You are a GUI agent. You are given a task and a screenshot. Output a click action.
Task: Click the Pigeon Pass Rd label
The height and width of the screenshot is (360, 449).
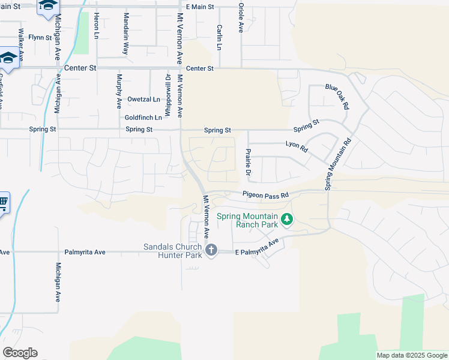coord(265,194)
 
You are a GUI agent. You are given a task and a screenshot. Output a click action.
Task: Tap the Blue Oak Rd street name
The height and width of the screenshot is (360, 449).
coord(337,95)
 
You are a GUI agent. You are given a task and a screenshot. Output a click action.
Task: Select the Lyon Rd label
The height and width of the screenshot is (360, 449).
coord(297,146)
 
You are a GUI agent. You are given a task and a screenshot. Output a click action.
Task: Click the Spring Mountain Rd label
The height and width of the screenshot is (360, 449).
coord(338,164)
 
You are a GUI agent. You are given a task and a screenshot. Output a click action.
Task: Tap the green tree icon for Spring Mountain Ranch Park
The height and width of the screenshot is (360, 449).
coord(287,220)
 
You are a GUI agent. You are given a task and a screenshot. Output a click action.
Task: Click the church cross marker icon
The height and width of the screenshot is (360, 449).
coord(211,250)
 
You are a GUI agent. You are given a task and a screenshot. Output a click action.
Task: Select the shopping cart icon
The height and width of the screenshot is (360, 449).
coord(2,203)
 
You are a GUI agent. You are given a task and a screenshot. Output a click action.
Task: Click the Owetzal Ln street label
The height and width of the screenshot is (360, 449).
coord(143,99)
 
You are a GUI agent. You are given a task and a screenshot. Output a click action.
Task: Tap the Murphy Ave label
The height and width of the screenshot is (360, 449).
coord(119,91)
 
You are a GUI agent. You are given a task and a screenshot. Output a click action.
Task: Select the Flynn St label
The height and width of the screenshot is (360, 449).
coord(40,37)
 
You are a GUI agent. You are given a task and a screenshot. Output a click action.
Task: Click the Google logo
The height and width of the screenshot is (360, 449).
coord(20,353)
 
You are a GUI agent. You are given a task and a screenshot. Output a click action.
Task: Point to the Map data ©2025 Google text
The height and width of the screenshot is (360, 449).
coord(411,355)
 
